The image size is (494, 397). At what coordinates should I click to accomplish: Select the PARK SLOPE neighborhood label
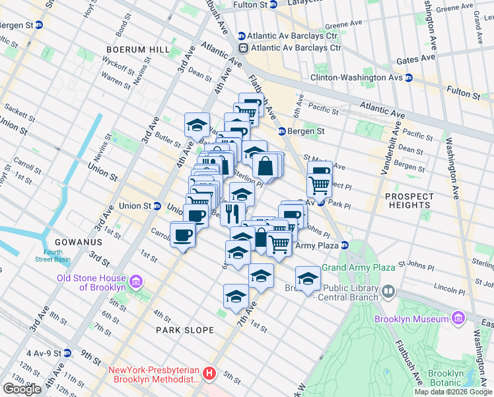click(x=185, y=330)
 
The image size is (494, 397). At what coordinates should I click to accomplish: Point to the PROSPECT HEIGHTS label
click(x=409, y=200)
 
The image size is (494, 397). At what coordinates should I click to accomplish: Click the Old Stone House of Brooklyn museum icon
click(x=136, y=283)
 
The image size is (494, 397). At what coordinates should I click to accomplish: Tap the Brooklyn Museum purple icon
click(x=458, y=319)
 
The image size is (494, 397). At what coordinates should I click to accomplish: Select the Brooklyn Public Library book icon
click(x=388, y=291)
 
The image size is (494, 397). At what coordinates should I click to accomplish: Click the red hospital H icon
click(x=209, y=375)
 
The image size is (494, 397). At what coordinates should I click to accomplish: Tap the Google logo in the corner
click(x=22, y=389)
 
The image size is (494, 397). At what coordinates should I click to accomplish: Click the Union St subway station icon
click(x=157, y=206)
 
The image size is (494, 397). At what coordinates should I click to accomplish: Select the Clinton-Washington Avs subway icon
click(x=408, y=77)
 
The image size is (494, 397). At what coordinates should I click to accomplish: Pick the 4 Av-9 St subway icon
click(x=67, y=354)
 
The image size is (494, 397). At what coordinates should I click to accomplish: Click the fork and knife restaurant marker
click(x=232, y=213)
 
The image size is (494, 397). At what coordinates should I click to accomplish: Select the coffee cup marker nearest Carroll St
click(x=182, y=234)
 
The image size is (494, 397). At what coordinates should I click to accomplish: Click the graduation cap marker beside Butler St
click(x=197, y=124)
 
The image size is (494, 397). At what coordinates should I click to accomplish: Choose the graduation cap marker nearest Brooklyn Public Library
click(x=307, y=278)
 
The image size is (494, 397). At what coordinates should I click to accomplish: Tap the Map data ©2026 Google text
click(x=453, y=392)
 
